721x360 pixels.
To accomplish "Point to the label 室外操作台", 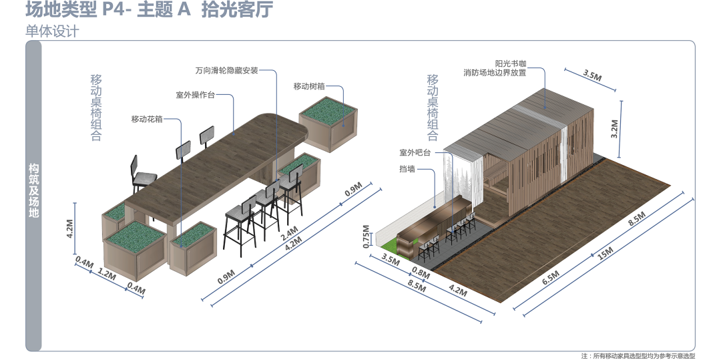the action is tap(195, 96).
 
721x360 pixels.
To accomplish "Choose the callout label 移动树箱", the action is tap(309, 86).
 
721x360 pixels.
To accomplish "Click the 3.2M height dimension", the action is tap(615, 128).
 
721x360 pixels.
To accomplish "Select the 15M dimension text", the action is tap(606, 254).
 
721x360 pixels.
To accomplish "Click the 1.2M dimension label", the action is tap(107, 275).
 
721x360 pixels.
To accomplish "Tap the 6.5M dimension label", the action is tap(551, 275).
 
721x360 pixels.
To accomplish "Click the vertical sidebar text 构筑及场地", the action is tap(33, 191).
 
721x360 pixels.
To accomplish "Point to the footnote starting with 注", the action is tap(638, 356).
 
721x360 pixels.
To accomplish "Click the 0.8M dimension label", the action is tap(421, 273).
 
